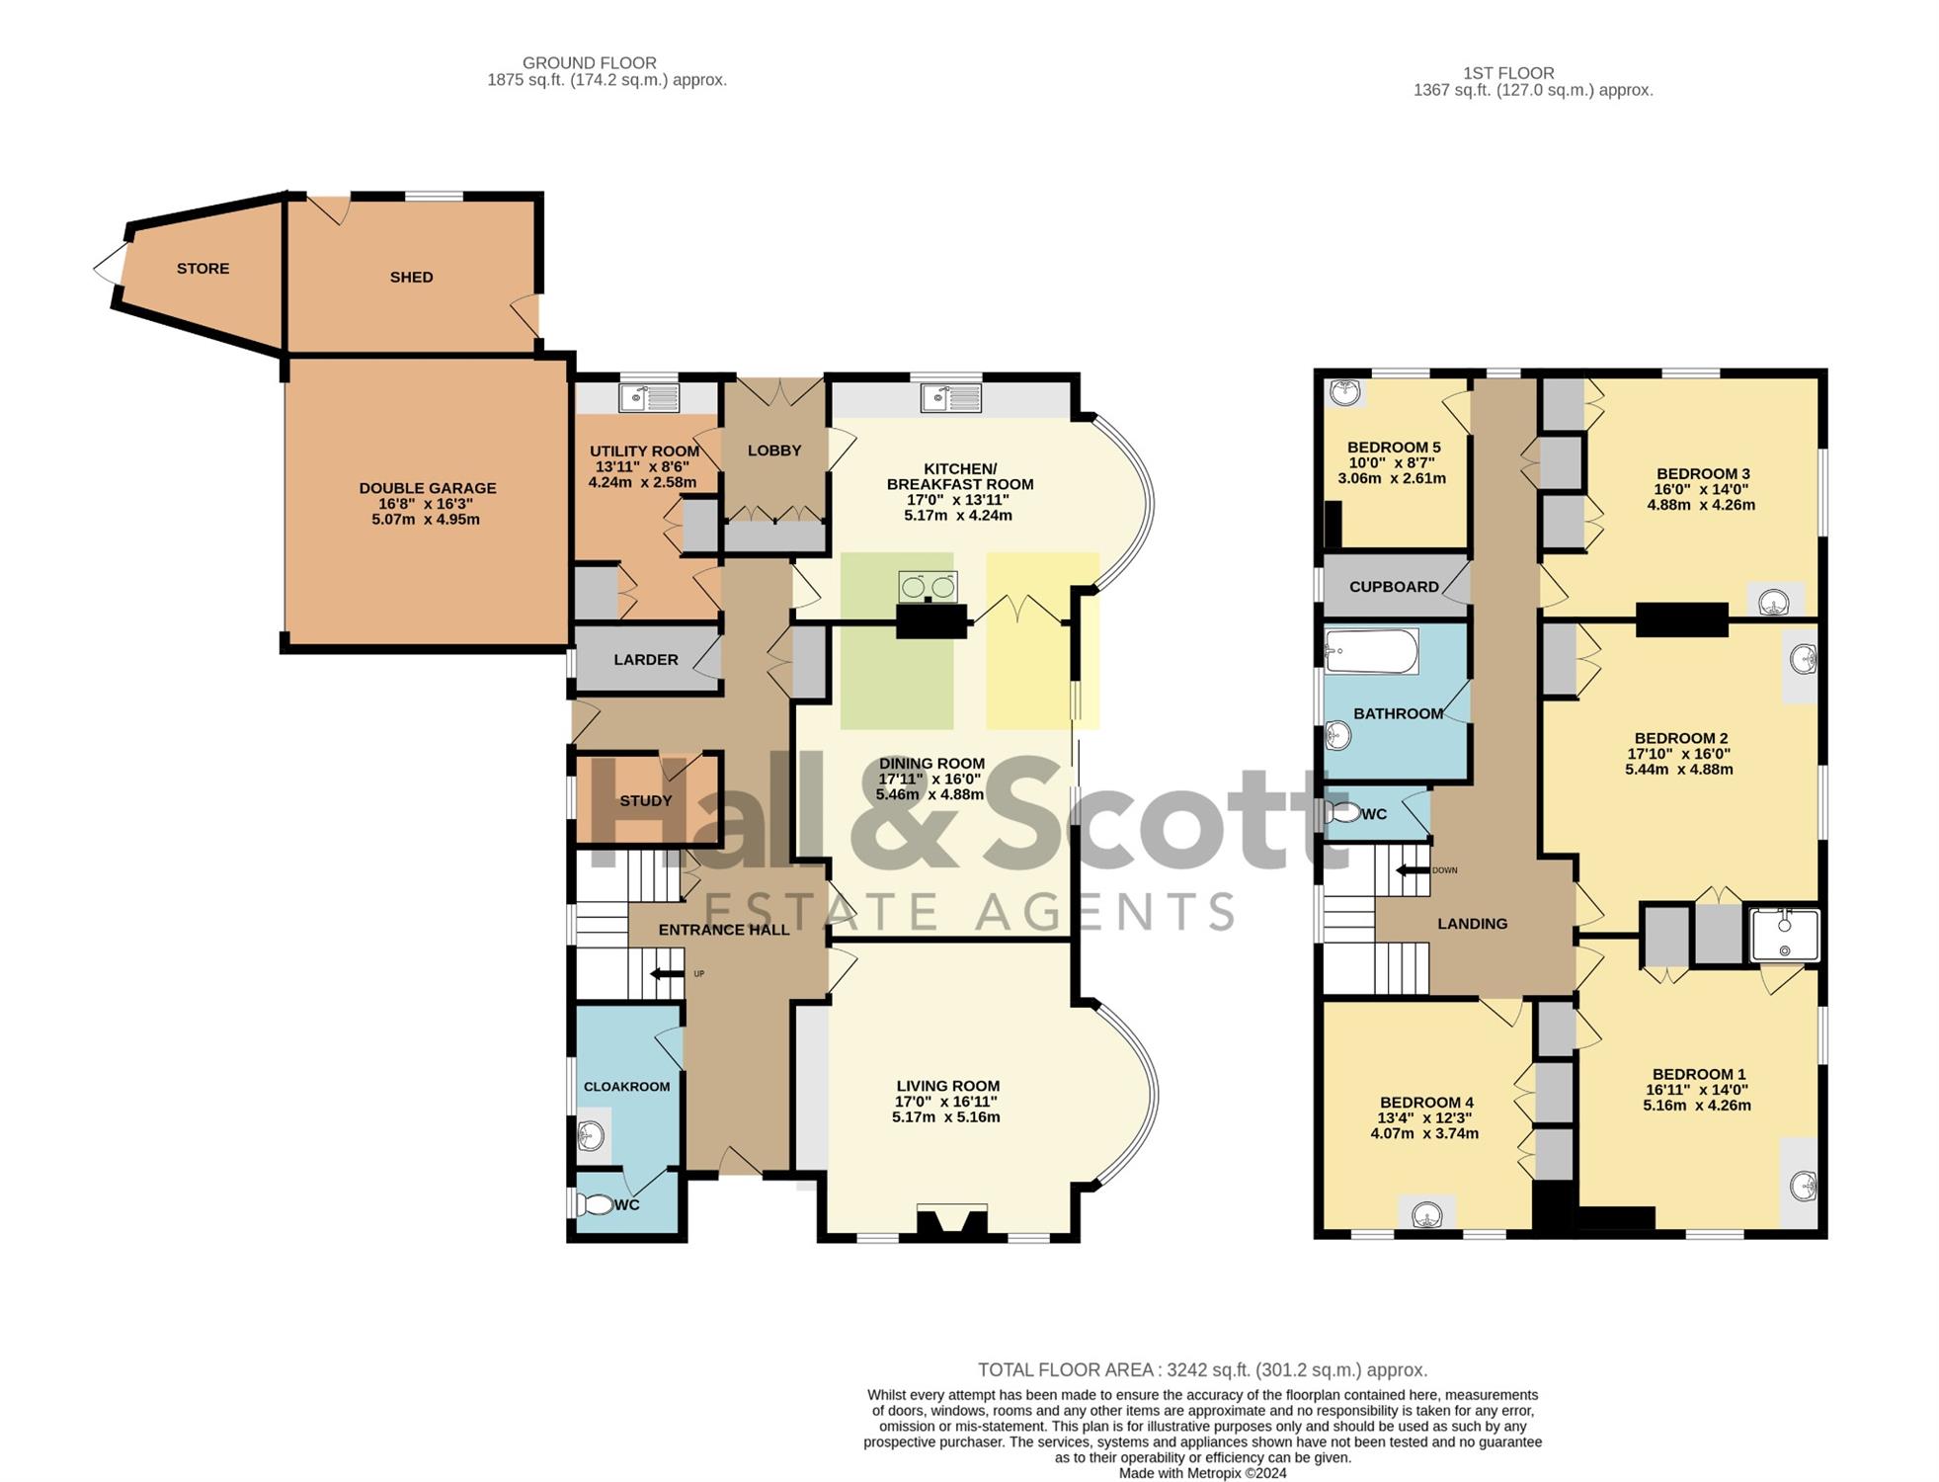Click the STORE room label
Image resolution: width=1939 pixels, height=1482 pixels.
[x=202, y=269]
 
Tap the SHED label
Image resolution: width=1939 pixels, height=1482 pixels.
[x=411, y=278]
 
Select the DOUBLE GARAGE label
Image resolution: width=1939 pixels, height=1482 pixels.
[x=428, y=488]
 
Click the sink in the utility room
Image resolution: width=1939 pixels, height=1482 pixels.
[x=649, y=397]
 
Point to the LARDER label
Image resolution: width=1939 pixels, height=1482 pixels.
[x=646, y=660]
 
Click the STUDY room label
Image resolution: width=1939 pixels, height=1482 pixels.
[x=646, y=801]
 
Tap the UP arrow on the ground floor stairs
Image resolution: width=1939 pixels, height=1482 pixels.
[x=668, y=974]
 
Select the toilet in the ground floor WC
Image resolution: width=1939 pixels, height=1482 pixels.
[x=596, y=1205]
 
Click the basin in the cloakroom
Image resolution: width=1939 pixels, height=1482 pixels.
[x=592, y=1135]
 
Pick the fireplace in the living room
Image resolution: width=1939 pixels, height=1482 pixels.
[x=951, y=1221]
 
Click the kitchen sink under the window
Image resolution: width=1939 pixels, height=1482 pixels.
[x=951, y=397]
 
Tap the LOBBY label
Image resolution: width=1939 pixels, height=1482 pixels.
[x=774, y=451]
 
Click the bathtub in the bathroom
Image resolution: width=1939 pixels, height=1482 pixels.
[x=1371, y=652]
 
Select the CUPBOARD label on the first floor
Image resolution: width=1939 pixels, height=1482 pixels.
[x=1394, y=587]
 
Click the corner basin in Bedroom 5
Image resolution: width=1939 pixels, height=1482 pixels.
[x=1344, y=393]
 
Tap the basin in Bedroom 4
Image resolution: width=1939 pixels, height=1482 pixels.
[x=1426, y=1213]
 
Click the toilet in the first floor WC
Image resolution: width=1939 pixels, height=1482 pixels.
[x=1341, y=814]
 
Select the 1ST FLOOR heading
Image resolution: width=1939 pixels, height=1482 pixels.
[x=1508, y=73]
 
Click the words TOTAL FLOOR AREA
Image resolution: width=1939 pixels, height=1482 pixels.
[x=1066, y=1370]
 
